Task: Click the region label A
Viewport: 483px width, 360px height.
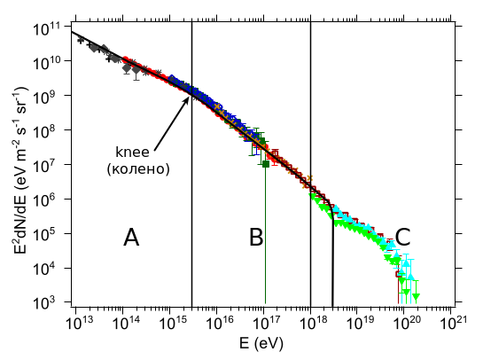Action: click(131, 237)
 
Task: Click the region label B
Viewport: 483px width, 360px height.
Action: click(256, 237)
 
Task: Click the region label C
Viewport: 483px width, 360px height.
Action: click(402, 237)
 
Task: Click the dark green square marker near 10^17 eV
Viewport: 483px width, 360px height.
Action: click(265, 164)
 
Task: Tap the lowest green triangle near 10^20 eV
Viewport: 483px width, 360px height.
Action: click(416, 296)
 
